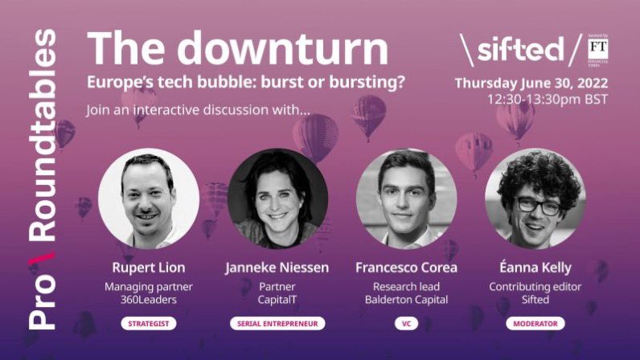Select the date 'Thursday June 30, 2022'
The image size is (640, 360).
(x=531, y=83)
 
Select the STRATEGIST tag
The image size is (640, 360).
(x=149, y=324)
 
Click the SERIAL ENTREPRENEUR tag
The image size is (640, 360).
(x=277, y=324)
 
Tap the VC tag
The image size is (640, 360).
(x=406, y=324)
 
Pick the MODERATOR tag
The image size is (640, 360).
(x=535, y=324)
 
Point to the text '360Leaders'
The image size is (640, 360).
(x=149, y=300)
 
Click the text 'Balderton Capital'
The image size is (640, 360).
(x=406, y=300)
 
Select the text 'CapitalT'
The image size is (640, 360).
(x=277, y=300)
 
